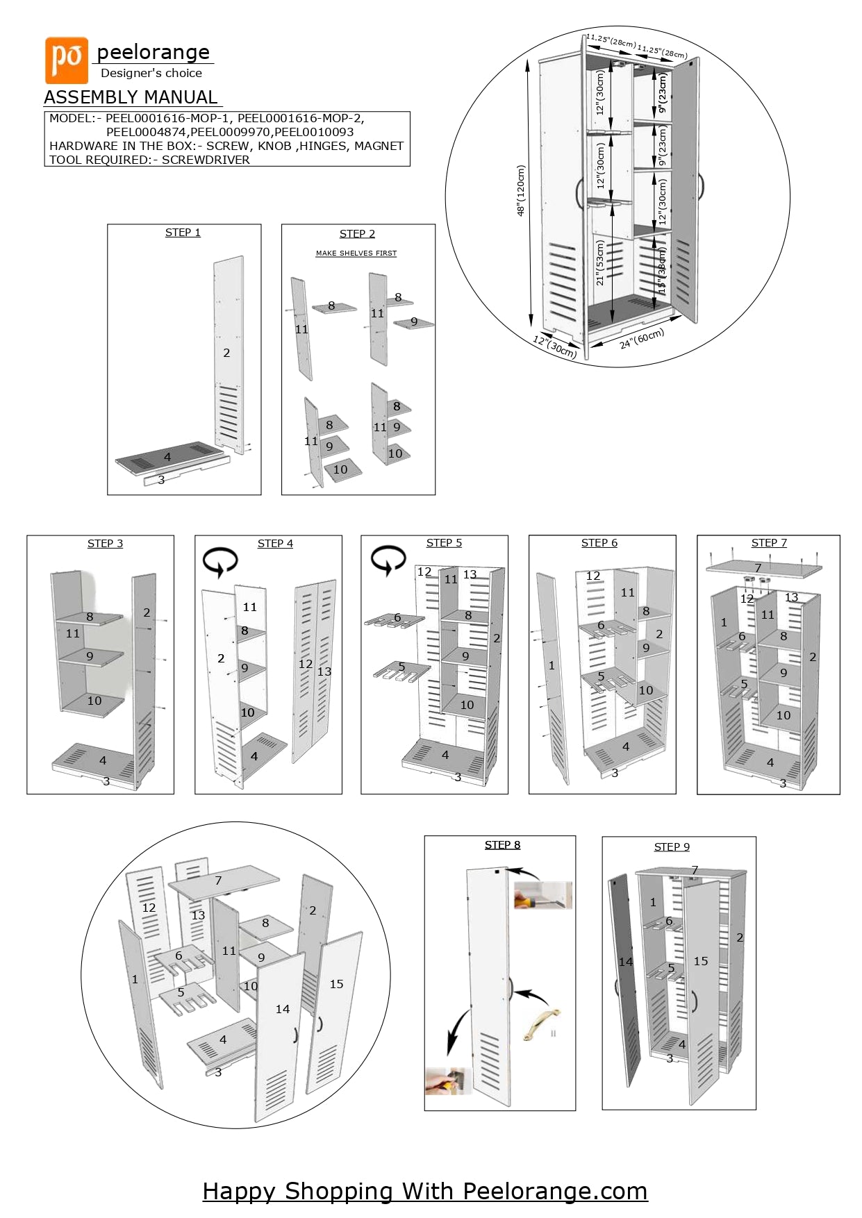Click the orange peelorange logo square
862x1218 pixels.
67,60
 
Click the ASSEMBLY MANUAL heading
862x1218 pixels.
131,97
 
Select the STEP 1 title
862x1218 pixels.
183,233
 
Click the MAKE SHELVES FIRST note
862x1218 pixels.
356,253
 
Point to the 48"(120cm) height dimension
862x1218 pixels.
521,190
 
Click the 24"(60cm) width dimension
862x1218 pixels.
642,338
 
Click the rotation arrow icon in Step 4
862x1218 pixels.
220,561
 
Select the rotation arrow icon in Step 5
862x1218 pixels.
388,560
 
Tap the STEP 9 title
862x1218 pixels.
672,847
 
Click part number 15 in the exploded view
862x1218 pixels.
336,984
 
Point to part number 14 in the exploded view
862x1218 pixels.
282,1009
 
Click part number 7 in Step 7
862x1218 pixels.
758,568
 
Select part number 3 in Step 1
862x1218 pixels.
161,480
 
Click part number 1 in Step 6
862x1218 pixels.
552,665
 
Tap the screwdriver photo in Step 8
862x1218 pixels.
542,895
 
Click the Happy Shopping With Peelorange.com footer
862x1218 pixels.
424,1191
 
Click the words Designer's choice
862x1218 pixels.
151,73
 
